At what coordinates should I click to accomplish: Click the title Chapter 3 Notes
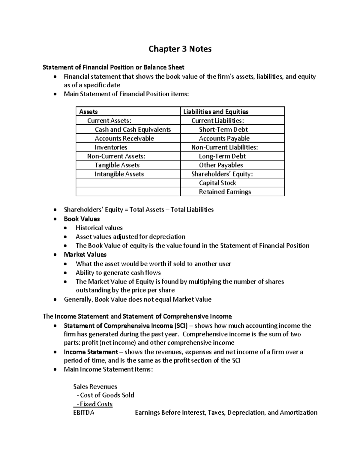point(180,49)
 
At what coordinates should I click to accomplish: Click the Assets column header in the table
point(88,112)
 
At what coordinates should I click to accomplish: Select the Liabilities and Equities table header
point(216,112)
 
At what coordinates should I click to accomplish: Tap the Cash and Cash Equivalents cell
point(133,129)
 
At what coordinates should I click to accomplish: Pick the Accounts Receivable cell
point(124,138)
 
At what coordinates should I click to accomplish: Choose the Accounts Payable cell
point(224,138)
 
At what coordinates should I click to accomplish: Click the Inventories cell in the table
point(111,147)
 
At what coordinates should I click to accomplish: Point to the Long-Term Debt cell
point(222,156)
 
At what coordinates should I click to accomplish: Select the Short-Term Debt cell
point(223,129)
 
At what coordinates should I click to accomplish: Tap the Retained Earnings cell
point(225,192)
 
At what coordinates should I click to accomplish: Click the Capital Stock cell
point(217,183)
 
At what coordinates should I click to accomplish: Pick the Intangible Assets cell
point(119,174)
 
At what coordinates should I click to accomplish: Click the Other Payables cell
point(221,165)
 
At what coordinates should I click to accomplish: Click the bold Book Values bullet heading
point(82,219)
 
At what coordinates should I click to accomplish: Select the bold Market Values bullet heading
point(85,254)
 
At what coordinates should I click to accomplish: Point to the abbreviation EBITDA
point(84,413)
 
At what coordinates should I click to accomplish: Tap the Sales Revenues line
point(95,386)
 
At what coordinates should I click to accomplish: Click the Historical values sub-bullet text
point(99,228)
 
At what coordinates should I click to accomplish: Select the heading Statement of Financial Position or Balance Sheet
point(113,67)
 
